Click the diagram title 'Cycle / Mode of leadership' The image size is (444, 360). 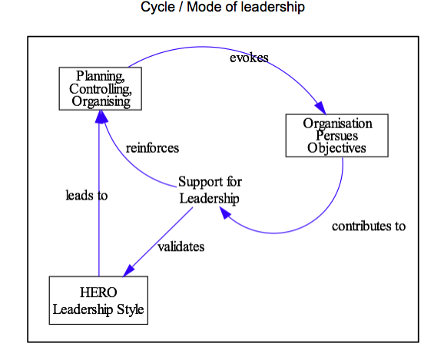tap(223, 7)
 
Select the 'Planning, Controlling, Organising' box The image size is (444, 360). tap(100, 88)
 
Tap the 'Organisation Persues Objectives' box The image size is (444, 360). tap(337, 136)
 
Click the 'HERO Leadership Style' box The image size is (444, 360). tap(98, 300)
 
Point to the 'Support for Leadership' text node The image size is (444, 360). tap(210, 190)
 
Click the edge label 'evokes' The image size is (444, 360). tap(249, 58)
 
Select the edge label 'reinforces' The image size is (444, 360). tap(152, 148)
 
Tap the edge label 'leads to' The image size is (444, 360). tap(87, 195)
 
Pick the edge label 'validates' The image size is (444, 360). tap(181, 247)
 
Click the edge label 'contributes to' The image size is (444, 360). tap(369, 226)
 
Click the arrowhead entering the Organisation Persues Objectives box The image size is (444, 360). tap(321, 108)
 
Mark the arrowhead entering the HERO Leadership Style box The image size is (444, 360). tap(128, 271)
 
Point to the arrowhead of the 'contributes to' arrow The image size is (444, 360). tap(225, 213)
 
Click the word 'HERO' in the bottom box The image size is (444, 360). tap(98, 292)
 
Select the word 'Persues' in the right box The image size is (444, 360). tap(337, 136)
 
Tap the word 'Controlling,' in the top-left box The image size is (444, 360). tap(101, 89)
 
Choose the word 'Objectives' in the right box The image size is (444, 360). tap(337, 147)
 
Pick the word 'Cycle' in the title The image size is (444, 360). tap(157, 7)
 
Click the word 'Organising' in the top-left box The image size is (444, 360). tap(101, 101)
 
